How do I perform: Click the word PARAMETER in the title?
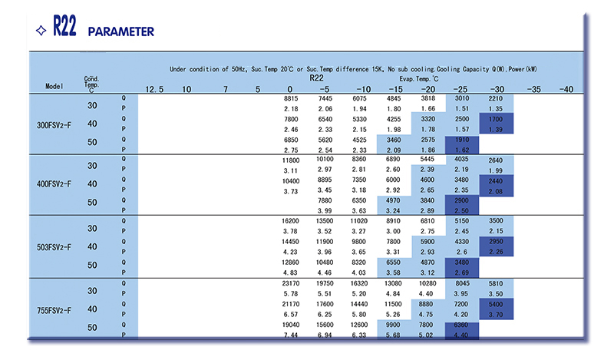pyautogui.click(x=121, y=31)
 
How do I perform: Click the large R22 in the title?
pyautogui.click(x=65, y=30)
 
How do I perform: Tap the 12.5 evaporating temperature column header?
pyautogui.click(x=154, y=90)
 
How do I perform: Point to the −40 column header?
pyautogui.click(x=566, y=90)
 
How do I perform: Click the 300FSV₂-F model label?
pyautogui.click(x=55, y=125)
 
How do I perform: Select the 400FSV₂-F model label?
pyautogui.click(x=55, y=184)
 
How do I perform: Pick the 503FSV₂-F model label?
pyautogui.click(x=55, y=247)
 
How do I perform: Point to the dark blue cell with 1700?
pyautogui.click(x=496, y=121)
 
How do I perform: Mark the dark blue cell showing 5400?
pyautogui.click(x=496, y=305)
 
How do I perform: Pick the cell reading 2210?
pyautogui.click(x=496, y=99)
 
